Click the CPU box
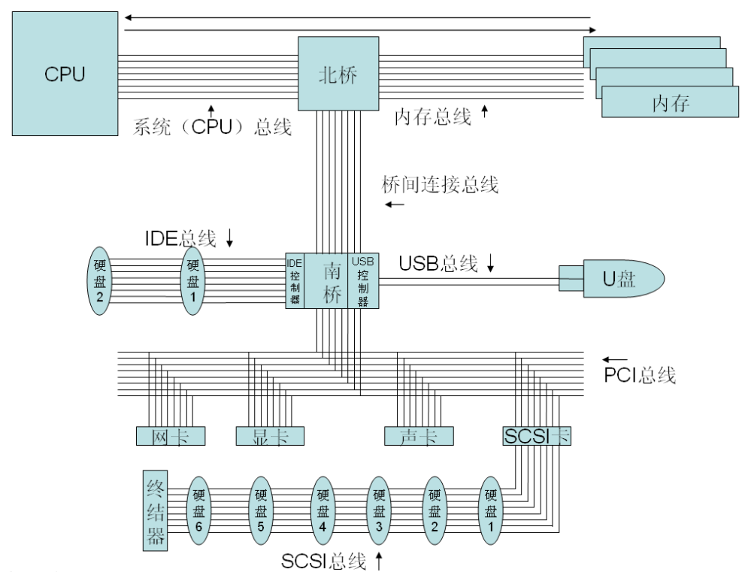pyautogui.click(x=65, y=73)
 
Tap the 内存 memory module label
pyautogui.click(x=671, y=103)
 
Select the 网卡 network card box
pyautogui.click(x=170, y=436)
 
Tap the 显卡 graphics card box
pyautogui.click(x=270, y=436)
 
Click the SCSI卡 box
pyautogui.click(x=536, y=436)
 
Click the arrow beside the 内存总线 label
pyautogui.click(x=484, y=113)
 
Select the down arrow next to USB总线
pyautogui.click(x=491, y=263)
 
